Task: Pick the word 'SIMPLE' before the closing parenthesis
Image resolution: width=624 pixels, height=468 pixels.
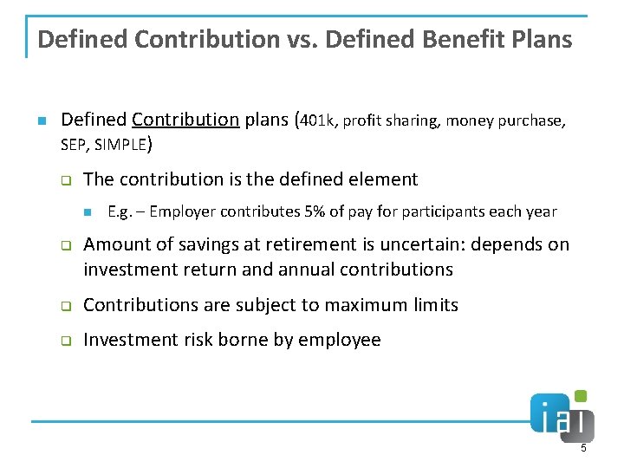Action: click(x=122, y=146)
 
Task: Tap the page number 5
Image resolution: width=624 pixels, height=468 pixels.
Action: click(x=583, y=448)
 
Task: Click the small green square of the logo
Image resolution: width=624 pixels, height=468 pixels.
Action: click(x=581, y=396)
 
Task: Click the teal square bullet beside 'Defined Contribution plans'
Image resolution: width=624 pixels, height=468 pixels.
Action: click(x=42, y=120)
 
